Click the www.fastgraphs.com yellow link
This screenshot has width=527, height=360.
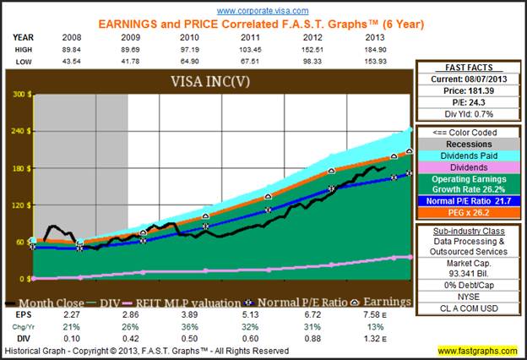point(477,351)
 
